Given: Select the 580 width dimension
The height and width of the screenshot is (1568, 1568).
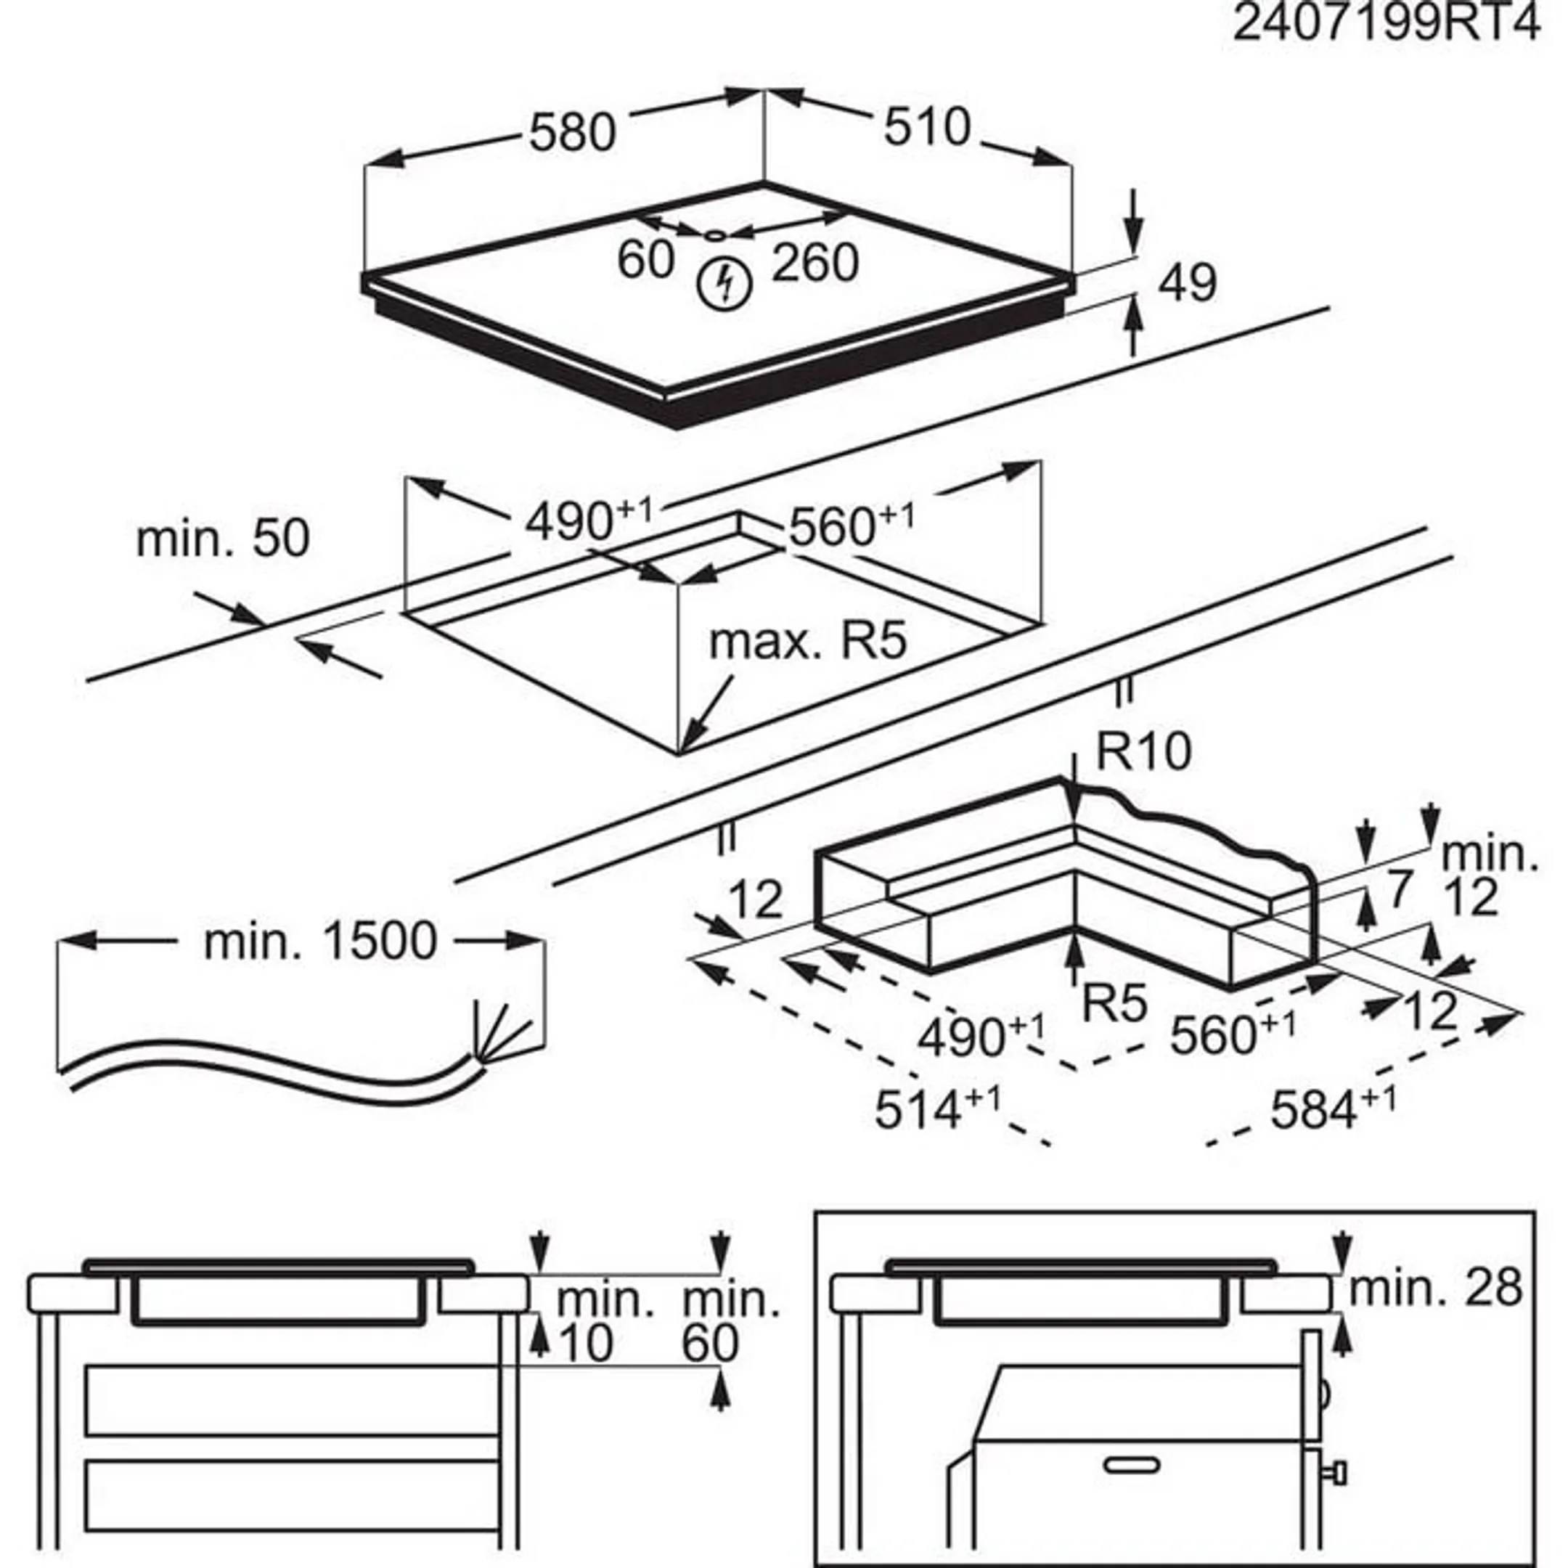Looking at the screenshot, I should pyautogui.click(x=572, y=132).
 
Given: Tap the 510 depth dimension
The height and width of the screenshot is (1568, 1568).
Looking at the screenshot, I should pyautogui.click(x=927, y=128).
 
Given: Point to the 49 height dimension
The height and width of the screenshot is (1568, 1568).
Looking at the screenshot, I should pyautogui.click(x=1188, y=282).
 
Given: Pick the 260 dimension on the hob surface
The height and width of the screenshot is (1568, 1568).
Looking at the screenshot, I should pyautogui.click(x=814, y=263).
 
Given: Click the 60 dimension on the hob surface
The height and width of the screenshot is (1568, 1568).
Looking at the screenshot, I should pyautogui.click(x=645, y=260).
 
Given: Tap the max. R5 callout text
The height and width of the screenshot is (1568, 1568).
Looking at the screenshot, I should pyautogui.click(x=807, y=642).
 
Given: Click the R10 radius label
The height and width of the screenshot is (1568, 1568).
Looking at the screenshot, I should pyautogui.click(x=1144, y=751).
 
